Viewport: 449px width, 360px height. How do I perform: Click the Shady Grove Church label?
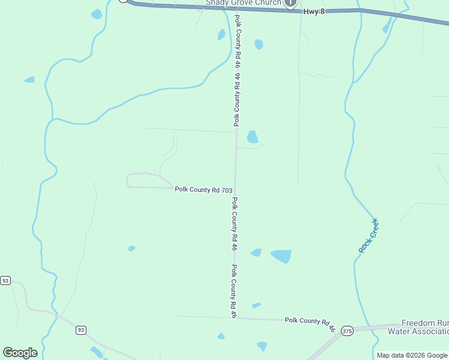[244, 3]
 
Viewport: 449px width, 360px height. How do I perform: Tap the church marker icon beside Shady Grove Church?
[291, 3]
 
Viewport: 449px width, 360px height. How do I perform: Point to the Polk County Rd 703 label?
[203, 190]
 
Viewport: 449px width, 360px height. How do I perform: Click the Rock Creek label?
[369, 235]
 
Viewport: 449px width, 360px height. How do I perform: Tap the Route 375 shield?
[347, 331]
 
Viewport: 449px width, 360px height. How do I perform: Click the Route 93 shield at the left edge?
[5, 280]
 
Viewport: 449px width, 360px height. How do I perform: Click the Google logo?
[20, 353]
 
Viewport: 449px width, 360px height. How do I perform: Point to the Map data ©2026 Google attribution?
[412, 355]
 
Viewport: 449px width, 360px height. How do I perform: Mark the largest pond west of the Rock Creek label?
[281, 256]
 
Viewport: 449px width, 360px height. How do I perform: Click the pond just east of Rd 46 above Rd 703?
[252, 137]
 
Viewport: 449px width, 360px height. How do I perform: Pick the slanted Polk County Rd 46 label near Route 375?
[309, 324]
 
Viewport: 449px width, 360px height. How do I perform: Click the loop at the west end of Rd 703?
[135, 181]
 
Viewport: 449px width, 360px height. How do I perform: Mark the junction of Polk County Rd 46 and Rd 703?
[235, 188]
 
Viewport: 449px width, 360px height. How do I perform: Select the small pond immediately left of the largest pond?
[256, 253]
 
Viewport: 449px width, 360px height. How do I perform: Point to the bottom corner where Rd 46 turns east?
[235, 317]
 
